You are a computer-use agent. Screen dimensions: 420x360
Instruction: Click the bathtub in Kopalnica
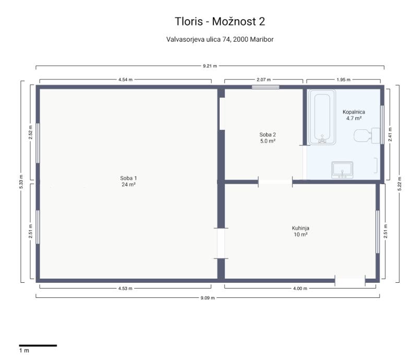[322, 117]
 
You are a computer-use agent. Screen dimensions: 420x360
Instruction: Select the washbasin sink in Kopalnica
[342, 170]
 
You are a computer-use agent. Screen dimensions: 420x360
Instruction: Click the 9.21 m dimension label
[210, 66]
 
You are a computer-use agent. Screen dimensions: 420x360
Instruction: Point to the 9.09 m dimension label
[208, 297]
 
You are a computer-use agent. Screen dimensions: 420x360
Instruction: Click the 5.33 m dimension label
[21, 182]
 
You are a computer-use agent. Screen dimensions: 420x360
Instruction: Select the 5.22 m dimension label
[399, 184]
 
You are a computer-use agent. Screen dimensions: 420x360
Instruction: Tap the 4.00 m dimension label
[300, 289]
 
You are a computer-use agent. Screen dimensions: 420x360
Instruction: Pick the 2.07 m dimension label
[263, 79]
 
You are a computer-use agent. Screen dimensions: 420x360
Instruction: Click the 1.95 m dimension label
[343, 79]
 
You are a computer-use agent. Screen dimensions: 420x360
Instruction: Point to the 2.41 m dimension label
[390, 135]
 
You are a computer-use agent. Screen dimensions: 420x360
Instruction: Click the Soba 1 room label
[128, 182]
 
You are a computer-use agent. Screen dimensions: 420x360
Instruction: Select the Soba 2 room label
[268, 138]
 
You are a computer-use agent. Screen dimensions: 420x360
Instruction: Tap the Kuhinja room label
[301, 231]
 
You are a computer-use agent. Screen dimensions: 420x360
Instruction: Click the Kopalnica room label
[354, 115]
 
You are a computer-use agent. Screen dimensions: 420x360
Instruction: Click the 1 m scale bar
[38, 345]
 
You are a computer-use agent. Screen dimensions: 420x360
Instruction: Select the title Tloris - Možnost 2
[220, 21]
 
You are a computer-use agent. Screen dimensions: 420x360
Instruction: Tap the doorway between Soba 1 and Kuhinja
[221, 244]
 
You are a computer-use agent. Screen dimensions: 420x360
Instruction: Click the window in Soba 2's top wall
[266, 87]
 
